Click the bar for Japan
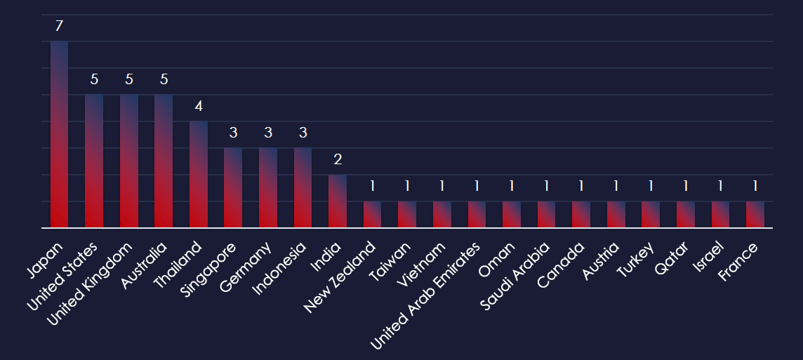(59, 134)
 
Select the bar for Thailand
(199, 174)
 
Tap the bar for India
(338, 201)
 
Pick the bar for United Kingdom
(129, 161)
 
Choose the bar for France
(755, 215)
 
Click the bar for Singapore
(233, 187)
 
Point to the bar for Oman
(512, 215)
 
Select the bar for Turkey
(651, 215)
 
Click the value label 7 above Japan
(59, 26)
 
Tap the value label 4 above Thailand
(199, 106)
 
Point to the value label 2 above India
(338, 159)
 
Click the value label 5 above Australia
(164, 79)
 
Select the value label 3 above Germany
(268, 133)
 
